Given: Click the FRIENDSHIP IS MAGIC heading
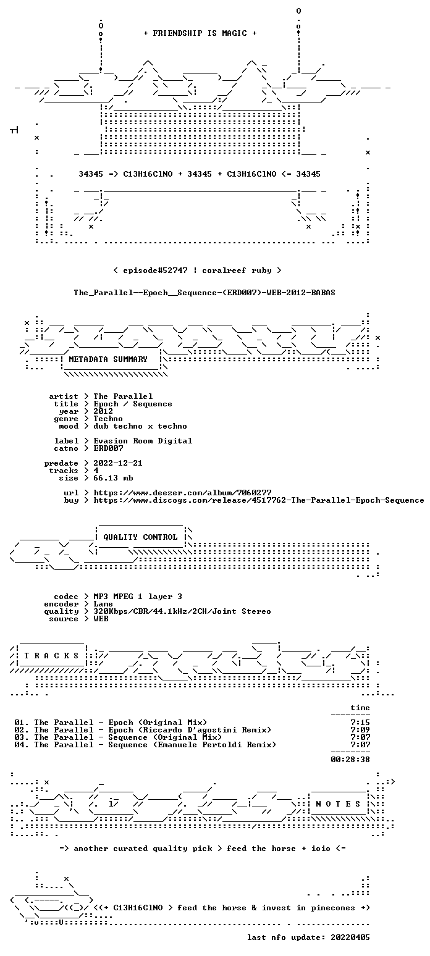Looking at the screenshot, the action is [x=200, y=33].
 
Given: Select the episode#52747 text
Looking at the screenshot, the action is [x=155, y=270].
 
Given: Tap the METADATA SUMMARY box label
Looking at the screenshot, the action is [x=108, y=359].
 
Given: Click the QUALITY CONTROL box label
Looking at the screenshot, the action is [x=140, y=537].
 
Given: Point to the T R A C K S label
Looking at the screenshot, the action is [x=51, y=655].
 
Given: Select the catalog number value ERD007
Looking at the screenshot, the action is [x=109, y=448].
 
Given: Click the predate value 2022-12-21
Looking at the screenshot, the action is [x=118, y=463].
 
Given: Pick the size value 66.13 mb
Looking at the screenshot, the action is [x=113, y=478].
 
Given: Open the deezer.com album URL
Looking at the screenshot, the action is [x=182, y=492].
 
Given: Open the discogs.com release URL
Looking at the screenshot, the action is [x=259, y=500].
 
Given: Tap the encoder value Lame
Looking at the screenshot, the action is [x=103, y=604].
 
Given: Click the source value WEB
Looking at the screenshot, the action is [x=101, y=619].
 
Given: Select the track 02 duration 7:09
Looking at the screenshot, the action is [x=360, y=730].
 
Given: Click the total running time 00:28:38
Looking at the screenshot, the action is [x=350, y=759].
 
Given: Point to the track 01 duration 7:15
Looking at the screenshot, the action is [x=360, y=723].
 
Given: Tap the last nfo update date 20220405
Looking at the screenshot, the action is [x=350, y=937].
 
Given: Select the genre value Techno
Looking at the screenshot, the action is [x=108, y=419].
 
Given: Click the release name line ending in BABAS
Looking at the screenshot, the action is [x=204, y=293].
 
